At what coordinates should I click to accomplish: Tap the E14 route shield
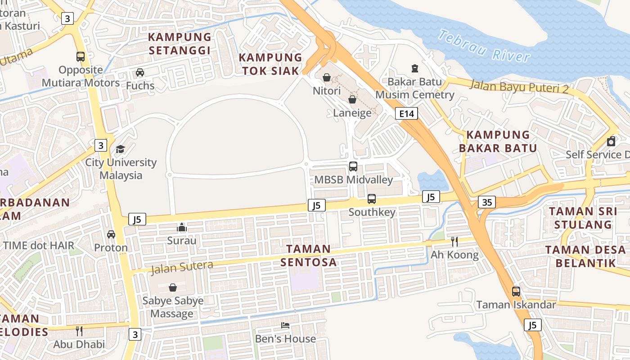point(406,113)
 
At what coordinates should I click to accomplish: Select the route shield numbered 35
point(487,202)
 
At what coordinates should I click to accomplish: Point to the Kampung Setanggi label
point(180,44)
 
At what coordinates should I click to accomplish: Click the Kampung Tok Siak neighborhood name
point(270,64)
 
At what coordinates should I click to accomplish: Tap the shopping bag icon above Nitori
point(327,78)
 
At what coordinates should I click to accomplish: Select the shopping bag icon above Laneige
point(352,99)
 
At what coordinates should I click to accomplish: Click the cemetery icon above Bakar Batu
point(414,68)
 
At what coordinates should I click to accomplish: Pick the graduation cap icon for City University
point(120,149)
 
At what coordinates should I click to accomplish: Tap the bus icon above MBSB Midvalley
point(353,166)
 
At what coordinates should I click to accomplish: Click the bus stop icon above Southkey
point(372,198)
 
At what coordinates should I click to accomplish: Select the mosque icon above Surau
point(182,227)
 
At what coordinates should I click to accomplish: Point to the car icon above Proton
point(111,234)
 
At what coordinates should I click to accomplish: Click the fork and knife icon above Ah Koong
point(454,242)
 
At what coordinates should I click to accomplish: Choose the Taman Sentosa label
point(309,255)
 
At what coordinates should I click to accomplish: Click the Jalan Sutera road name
point(182,267)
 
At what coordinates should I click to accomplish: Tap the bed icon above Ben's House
point(285,325)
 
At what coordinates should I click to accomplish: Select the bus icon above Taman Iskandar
point(516,291)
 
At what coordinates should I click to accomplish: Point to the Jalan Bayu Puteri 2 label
point(519,86)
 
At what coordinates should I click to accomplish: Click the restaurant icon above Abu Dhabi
point(79,331)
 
